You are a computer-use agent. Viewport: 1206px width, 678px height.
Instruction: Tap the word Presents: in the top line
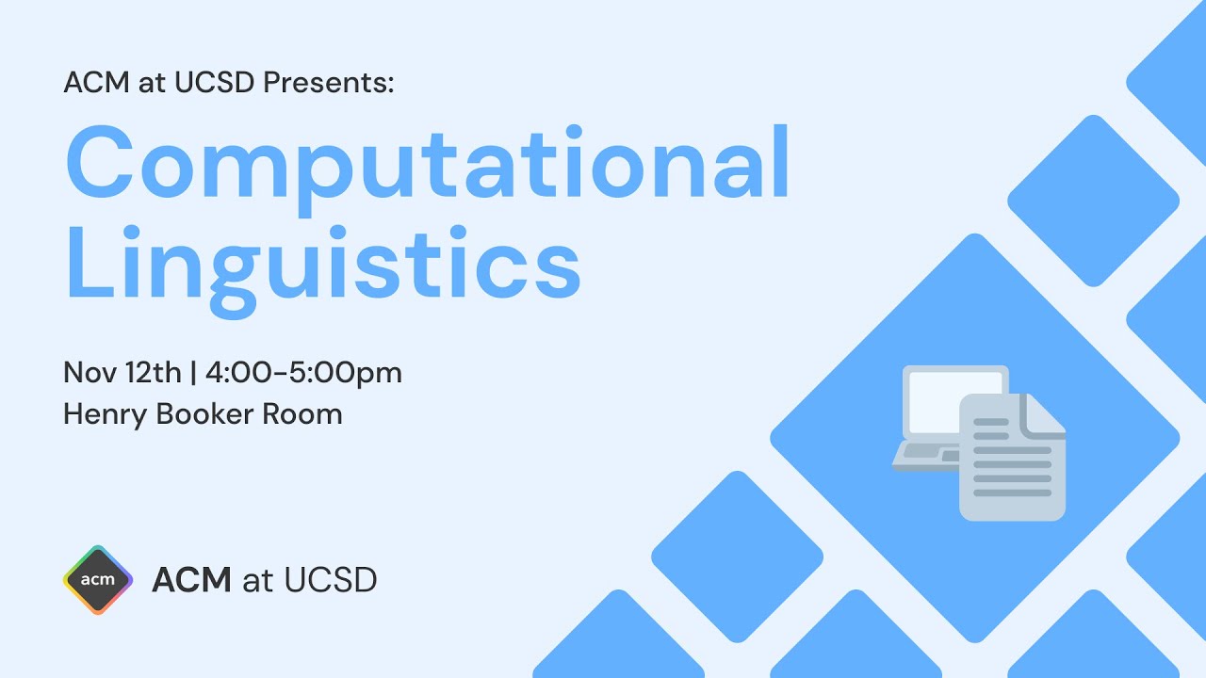328,83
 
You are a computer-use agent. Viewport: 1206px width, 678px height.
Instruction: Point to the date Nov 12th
122,373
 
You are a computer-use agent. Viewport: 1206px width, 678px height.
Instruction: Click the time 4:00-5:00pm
302,373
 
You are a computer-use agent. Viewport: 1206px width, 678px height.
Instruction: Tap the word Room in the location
302,414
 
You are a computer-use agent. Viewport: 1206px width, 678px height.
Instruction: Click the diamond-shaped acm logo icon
98,579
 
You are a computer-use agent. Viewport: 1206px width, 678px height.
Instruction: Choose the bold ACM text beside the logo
191,579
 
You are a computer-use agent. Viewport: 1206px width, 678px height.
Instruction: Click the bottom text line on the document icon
1012,492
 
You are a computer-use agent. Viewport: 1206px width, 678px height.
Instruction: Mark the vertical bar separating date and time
193,373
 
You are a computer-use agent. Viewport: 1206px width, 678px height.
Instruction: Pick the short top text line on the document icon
991,422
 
